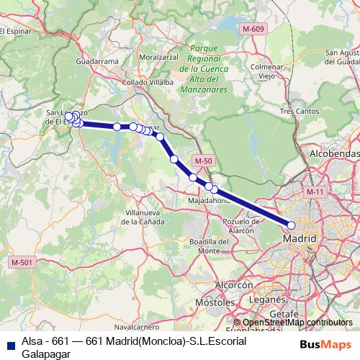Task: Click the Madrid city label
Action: pyautogui.click(x=302, y=238)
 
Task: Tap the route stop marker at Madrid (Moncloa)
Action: pyautogui.click(x=292, y=225)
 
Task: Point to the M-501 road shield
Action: pyautogui.click(x=22, y=262)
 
